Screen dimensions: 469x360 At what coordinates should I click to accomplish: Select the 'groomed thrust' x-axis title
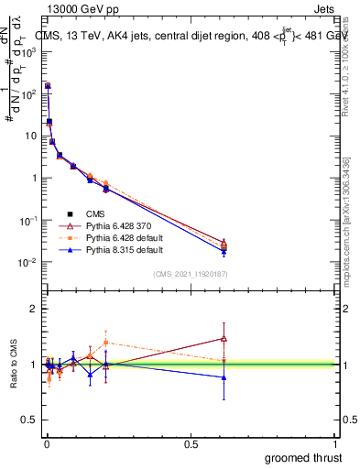pyautogui.click(x=304, y=456)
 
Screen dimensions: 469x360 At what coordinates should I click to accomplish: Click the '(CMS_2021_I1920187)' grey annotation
pyautogui.click(x=191, y=274)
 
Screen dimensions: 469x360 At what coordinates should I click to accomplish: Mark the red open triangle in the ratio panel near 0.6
pyautogui.click(x=224, y=338)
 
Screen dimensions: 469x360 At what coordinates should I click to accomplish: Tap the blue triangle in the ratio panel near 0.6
pyautogui.click(x=224, y=376)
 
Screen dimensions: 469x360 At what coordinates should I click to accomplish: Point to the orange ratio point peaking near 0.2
pyautogui.click(x=106, y=343)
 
